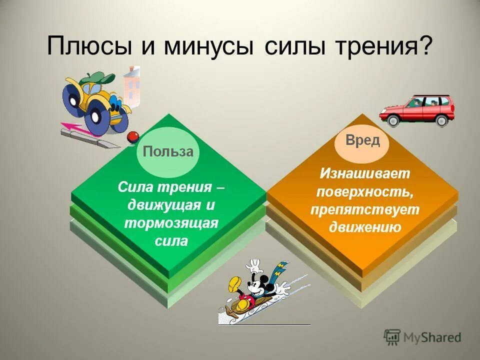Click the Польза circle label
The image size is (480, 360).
168,152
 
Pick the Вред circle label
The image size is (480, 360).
363,140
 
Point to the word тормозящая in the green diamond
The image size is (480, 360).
171,222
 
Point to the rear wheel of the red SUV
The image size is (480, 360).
441,120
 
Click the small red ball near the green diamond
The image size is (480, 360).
132,137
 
